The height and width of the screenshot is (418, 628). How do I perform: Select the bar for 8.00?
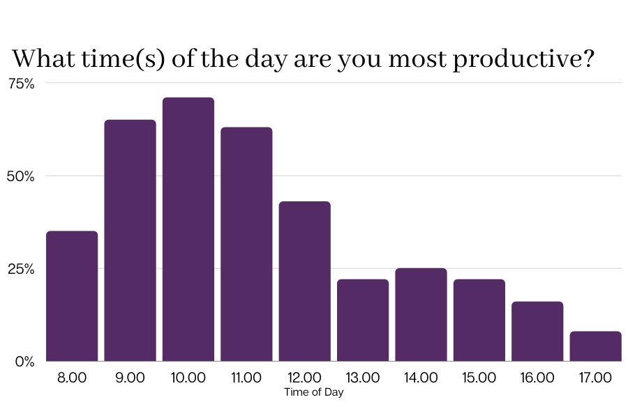tap(72, 296)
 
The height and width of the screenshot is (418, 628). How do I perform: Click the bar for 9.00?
tap(130, 240)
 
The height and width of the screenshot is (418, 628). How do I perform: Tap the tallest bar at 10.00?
tap(188, 229)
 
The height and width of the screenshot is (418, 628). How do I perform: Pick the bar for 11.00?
tap(246, 244)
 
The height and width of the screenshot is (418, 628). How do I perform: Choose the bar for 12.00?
tap(304, 281)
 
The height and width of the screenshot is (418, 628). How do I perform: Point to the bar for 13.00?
tap(363, 320)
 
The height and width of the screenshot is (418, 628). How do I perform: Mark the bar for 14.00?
tap(421, 315)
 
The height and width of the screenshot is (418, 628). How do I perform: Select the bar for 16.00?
tap(537, 332)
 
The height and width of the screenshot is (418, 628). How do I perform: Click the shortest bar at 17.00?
tap(595, 346)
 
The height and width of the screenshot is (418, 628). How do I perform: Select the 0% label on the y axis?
tap(25, 362)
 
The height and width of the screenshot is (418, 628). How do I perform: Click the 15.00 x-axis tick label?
tap(479, 378)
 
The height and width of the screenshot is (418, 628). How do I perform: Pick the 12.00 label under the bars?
tap(304, 378)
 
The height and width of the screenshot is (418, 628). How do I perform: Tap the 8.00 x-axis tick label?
tap(72, 378)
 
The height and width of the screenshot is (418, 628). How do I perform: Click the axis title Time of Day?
tap(314, 392)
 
